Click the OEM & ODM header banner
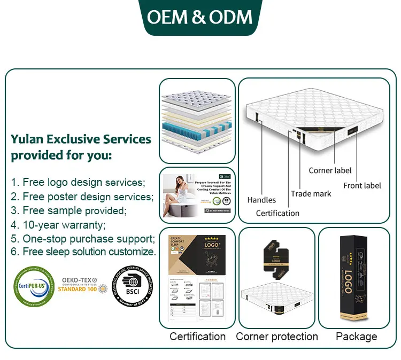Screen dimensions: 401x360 tap(200, 17)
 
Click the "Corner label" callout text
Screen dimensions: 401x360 tap(330, 170)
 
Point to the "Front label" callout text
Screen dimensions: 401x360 tap(362, 185)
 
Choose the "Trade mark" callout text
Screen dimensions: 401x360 tap(311, 193)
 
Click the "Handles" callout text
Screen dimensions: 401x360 tap(261, 200)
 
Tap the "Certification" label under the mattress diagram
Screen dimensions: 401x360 tap(277, 213)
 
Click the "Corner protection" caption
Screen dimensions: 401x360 tap(277, 336)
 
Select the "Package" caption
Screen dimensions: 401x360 tap(356, 336)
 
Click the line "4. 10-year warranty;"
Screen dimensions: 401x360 tap(58, 224)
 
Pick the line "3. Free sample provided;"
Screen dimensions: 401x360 tap(69, 210)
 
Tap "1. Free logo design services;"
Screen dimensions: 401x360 tap(78, 182)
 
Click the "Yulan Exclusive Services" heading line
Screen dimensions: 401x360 tap(81, 139)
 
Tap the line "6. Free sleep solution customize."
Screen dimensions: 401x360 tap(83, 252)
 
